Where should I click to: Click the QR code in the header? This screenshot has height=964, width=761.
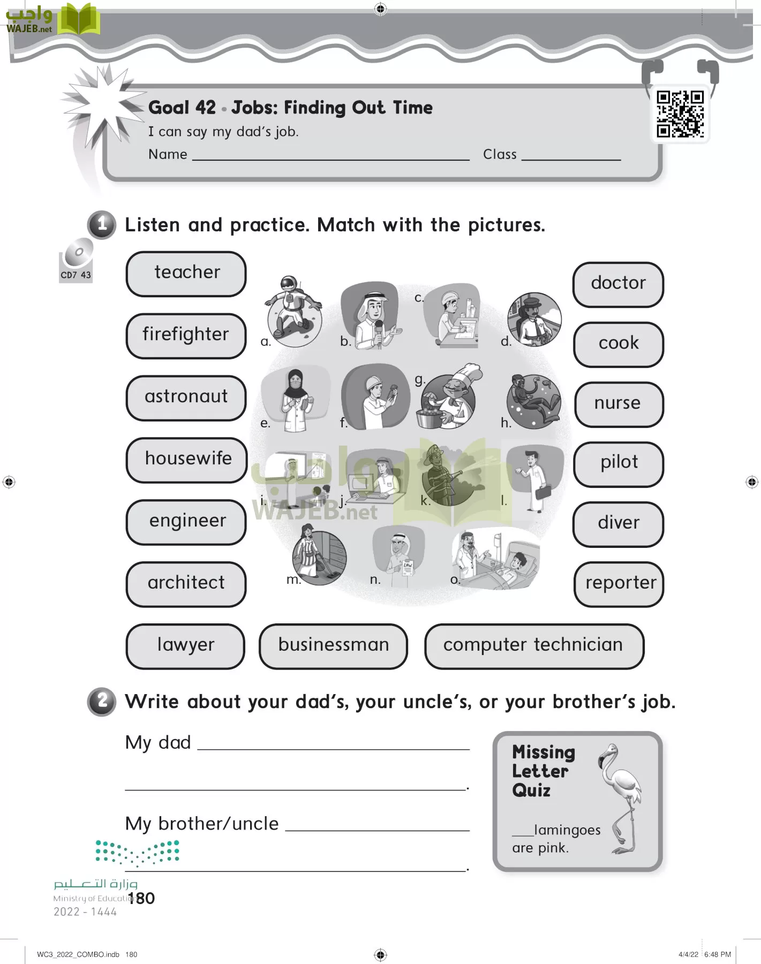pos(680,114)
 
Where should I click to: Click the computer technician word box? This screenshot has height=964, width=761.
pos(534,646)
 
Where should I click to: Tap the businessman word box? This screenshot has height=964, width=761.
pos(333,646)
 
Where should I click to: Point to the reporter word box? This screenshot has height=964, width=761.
pos(620,584)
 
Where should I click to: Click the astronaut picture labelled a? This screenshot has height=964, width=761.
pos(293,311)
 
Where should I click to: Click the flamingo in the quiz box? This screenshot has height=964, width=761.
pos(621,795)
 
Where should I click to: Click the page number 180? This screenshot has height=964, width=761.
pos(141,898)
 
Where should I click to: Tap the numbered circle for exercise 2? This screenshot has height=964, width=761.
pos(102,701)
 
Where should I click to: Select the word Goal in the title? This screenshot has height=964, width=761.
pos(168,108)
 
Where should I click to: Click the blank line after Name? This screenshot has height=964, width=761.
pos(330,159)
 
